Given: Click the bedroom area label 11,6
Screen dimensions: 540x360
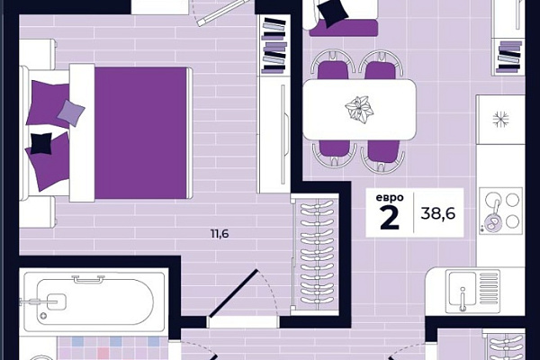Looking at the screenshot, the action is click(220, 234).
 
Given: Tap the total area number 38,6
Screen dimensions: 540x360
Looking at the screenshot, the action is click(438, 213).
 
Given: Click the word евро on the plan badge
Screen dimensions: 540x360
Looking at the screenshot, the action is click(390, 198).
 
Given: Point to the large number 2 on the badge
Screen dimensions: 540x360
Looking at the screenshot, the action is click(390, 218).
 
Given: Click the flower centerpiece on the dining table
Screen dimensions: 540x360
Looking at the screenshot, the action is click(359, 108).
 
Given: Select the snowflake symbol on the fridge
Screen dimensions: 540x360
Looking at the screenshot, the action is click(500, 119).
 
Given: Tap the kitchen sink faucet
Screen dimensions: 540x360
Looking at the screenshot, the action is click(463, 299).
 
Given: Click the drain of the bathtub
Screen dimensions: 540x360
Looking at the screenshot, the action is click(43, 316).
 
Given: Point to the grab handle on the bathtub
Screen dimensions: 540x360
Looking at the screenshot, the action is click(88, 279).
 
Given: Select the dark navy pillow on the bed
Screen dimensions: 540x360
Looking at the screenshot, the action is click(41, 143).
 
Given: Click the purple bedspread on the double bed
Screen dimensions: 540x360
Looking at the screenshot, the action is click(140, 133).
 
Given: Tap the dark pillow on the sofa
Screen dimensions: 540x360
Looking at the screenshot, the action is click(333, 13).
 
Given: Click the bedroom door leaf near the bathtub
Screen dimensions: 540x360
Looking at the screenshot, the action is click(233, 292).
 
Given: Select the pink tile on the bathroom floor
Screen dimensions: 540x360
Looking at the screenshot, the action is click(103, 353).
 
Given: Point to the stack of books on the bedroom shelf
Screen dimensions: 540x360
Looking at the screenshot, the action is click(274, 45).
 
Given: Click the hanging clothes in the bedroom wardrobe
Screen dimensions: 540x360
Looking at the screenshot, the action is click(317, 254).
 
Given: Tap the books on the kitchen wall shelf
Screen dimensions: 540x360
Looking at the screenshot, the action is click(509, 56).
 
